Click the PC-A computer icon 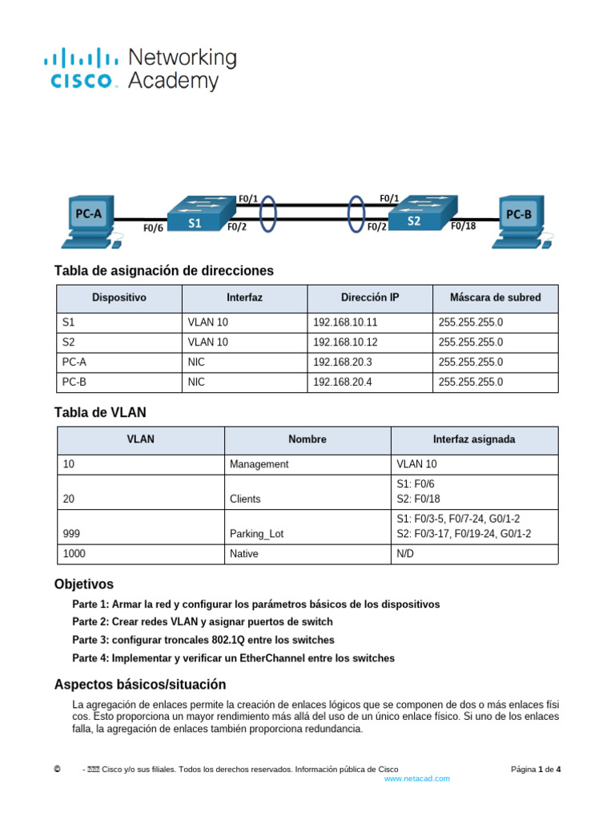pos(89,220)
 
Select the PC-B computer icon pos(521,219)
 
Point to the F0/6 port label pos(153,228)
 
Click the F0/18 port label pos(463,226)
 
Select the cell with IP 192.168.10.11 pos(345,322)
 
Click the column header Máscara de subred pos(495,297)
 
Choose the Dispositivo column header pos(119,297)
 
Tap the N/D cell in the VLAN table pos(407,554)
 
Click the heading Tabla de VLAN pos(100,413)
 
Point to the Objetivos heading pos(83,584)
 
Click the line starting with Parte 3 pos(203,640)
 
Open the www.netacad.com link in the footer pos(416,779)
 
